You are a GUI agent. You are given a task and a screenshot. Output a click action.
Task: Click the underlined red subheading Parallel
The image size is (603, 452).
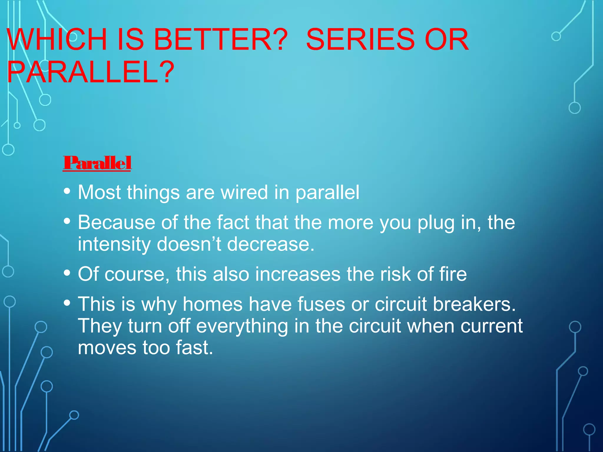(x=97, y=163)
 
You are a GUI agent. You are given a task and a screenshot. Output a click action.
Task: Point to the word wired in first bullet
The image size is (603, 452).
(x=244, y=192)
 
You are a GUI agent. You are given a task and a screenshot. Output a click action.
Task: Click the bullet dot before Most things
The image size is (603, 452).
(x=67, y=191)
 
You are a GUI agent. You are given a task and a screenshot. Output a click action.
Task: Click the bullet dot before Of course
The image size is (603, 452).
(x=67, y=273)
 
